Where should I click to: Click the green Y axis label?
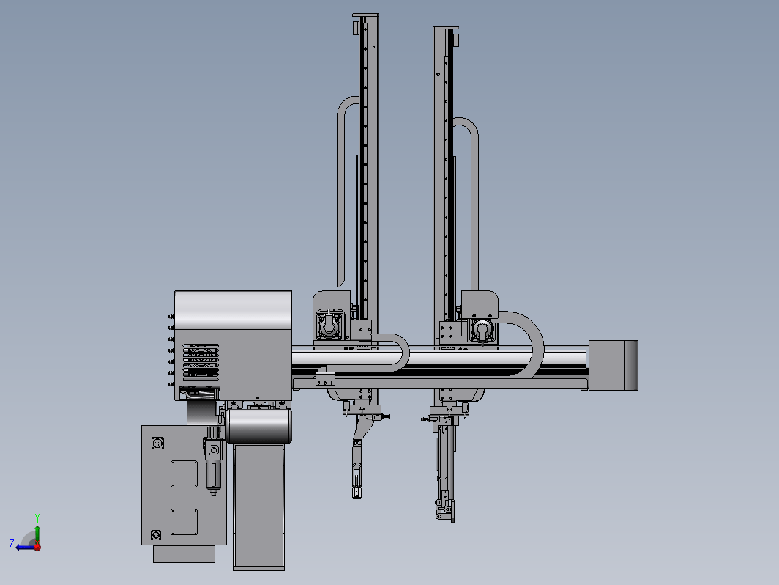point(37,518)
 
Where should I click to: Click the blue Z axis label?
point(12,543)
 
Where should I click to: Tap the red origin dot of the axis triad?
point(37,547)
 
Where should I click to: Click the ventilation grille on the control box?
point(201,362)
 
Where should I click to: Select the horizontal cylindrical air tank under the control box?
point(259,426)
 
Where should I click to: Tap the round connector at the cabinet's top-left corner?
point(157,443)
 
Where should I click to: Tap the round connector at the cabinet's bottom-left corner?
point(155,534)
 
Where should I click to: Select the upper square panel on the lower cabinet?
point(184,474)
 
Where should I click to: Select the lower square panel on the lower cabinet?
point(184,522)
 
